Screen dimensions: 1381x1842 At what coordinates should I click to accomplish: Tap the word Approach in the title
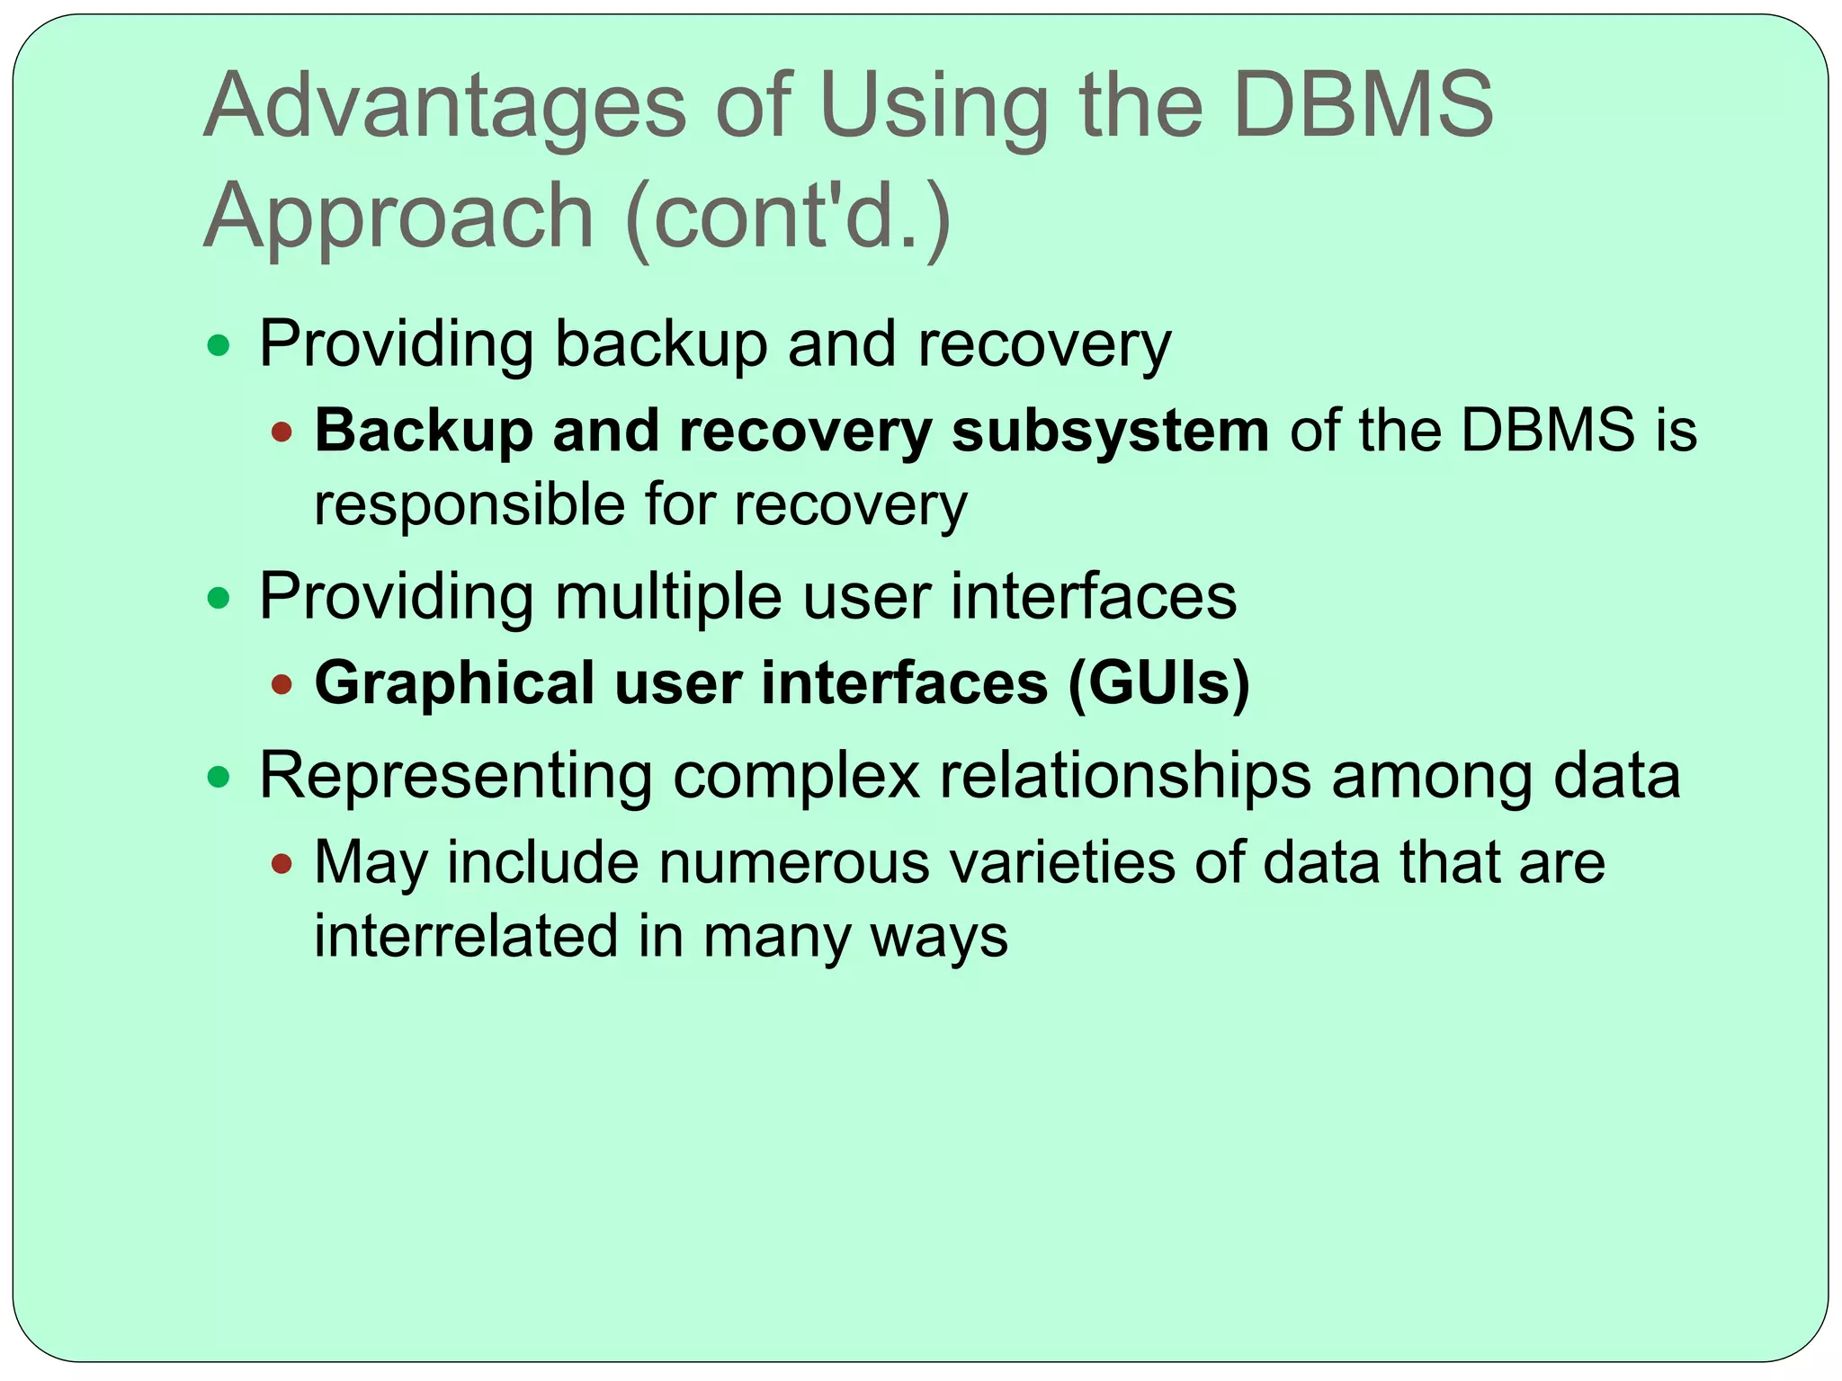point(398,216)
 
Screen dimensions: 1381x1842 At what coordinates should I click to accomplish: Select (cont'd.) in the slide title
point(787,216)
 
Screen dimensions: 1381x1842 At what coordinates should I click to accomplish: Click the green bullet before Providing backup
point(219,345)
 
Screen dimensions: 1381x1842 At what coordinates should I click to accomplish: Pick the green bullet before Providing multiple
point(219,598)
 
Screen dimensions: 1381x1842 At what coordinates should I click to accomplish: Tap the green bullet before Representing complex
point(219,777)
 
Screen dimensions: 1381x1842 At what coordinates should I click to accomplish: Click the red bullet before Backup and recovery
point(282,432)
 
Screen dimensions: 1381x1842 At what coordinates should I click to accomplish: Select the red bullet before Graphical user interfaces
point(282,685)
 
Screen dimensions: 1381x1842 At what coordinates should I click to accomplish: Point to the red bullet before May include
point(282,865)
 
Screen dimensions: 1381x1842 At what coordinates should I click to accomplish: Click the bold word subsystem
point(1110,431)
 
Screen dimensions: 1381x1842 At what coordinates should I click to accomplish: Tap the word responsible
point(468,505)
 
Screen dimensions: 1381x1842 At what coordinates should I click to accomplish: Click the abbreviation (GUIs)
point(1159,683)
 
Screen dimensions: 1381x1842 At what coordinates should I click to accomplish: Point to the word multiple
point(668,597)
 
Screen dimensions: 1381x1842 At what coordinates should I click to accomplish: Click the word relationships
point(1125,776)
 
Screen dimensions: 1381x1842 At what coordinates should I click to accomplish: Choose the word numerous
point(794,863)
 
